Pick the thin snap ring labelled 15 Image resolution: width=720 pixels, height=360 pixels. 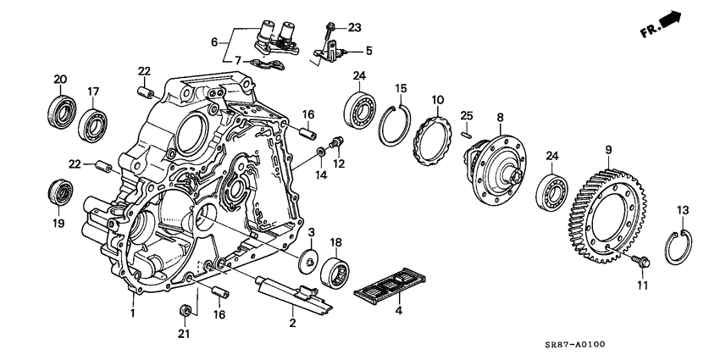pos(392,123)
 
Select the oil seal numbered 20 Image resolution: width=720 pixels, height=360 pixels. pos(59,111)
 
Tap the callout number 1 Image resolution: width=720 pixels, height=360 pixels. pos(132,313)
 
